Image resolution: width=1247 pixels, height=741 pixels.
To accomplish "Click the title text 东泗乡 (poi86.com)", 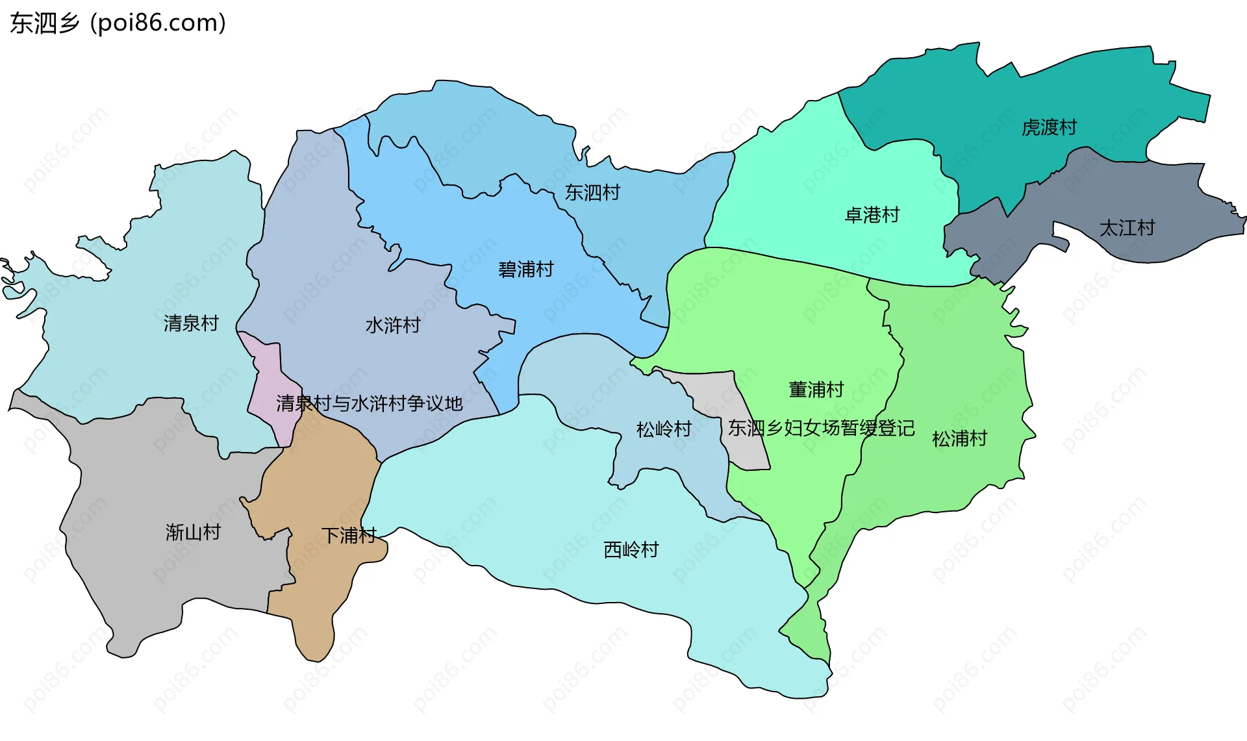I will click(118, 23).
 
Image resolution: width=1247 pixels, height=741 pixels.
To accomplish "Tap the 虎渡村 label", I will click(1049, 127).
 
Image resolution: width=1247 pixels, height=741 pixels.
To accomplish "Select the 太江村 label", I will click(1127, 228).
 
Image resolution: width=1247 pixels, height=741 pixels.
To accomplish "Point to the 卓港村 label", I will click(872, 215).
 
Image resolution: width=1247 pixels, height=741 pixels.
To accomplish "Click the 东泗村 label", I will click(592, 193).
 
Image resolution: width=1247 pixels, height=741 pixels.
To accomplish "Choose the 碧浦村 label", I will click(525, 270).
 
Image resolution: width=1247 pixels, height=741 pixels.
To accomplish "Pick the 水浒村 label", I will click(393, 325).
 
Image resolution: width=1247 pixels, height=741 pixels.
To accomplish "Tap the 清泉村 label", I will click(191, 323).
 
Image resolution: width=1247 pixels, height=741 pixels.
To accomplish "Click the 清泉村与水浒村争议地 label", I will click(369, 403).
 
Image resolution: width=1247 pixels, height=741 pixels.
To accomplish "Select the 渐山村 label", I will click(193, 533).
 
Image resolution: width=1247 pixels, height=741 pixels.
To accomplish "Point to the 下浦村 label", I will click(349, 536).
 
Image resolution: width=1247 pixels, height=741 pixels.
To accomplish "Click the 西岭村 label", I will click(631, 550).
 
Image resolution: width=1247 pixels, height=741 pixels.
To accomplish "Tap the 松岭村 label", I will click(663, 429).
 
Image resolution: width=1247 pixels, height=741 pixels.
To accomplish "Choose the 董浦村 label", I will click(816, 390).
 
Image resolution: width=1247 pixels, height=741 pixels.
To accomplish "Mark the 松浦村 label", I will click(959, 439).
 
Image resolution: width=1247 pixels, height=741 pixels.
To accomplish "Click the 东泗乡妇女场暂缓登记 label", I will click(821, 428).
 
